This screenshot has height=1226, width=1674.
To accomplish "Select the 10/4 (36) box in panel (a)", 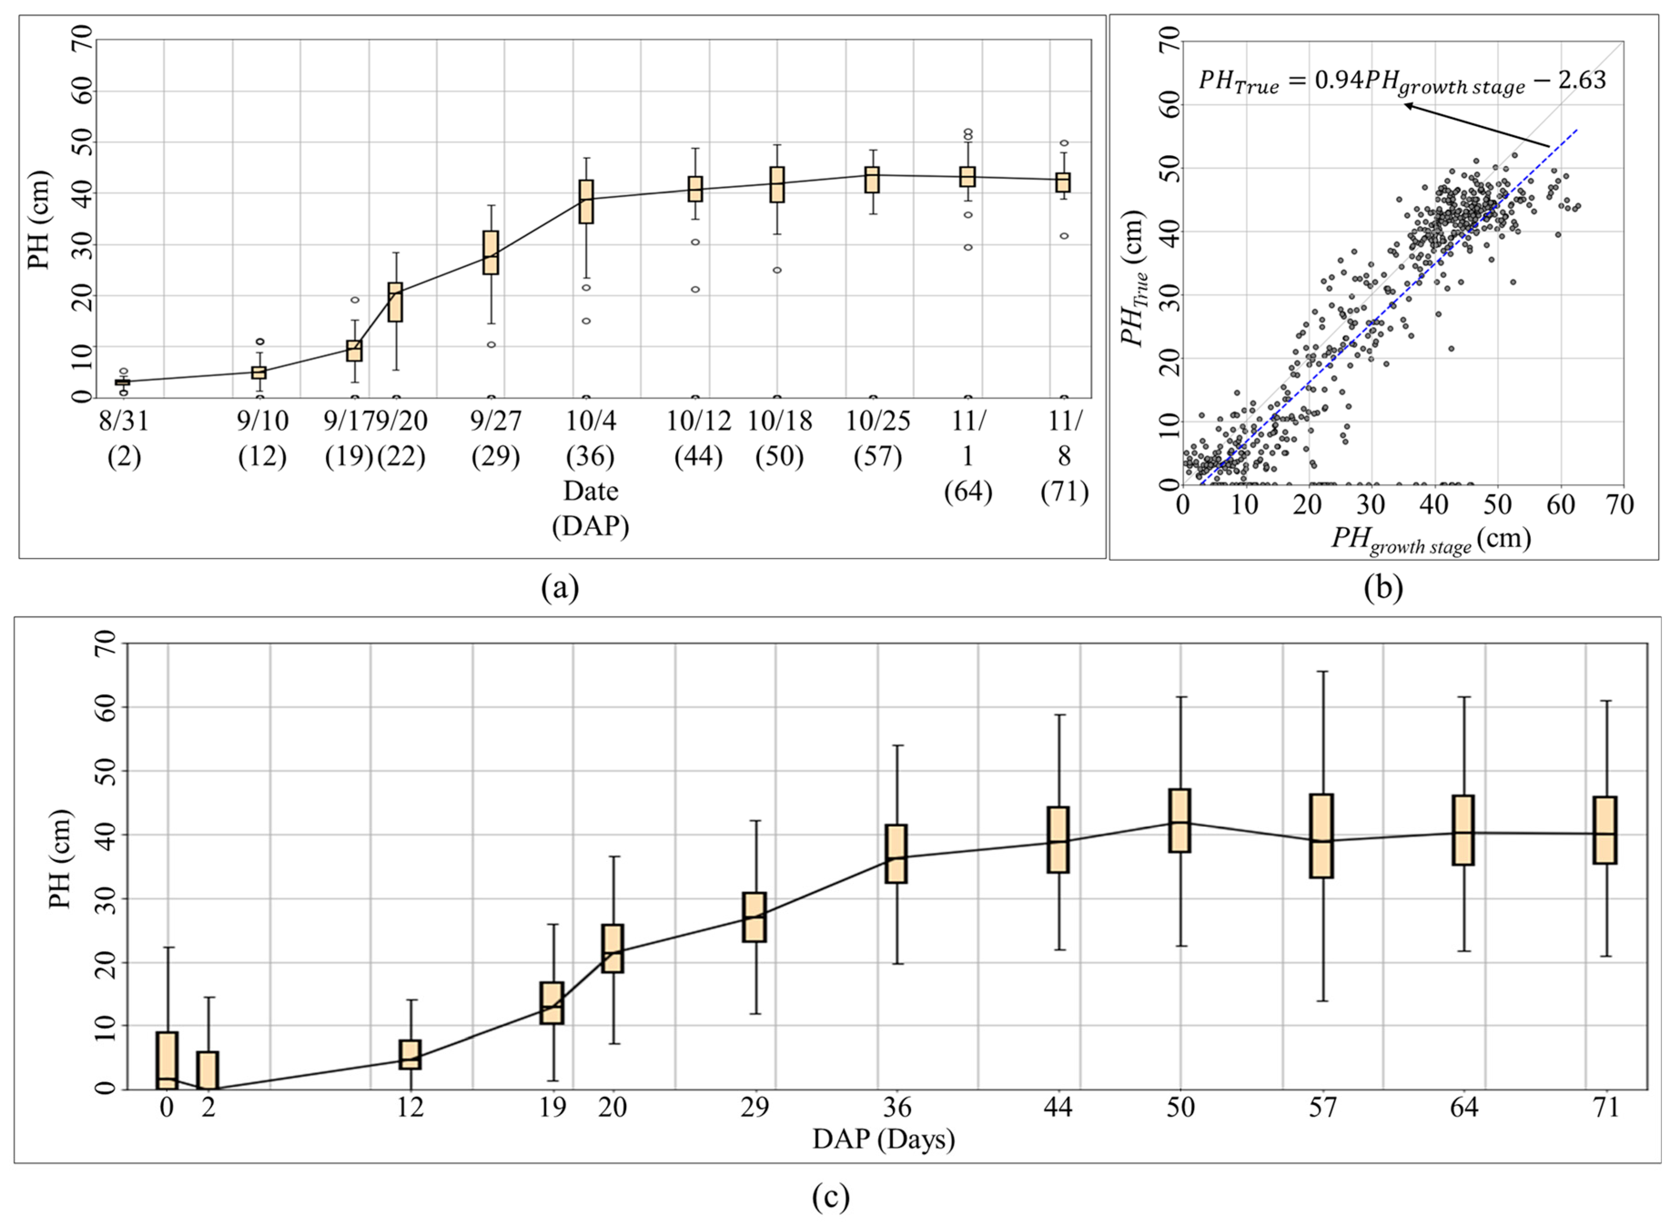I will (x=586, y=201).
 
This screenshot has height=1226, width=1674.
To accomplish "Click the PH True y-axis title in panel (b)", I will (x=1134, y=279).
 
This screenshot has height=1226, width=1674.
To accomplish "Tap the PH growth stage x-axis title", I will (x=1431, y=540).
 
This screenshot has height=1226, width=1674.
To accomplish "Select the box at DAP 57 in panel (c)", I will (x=1321, y=836).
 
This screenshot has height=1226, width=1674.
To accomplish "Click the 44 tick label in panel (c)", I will (x=1057, y=1108).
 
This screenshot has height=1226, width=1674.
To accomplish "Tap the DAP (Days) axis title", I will (x=883, y=1139).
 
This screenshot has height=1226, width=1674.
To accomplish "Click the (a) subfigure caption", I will (x=560, y=588).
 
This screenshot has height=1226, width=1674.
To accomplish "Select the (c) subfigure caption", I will (x=830, y=1196).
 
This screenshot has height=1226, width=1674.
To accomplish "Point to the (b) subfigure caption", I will (x=1383, y=588).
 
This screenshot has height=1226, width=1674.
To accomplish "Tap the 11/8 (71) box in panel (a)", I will (x=1063, y=182).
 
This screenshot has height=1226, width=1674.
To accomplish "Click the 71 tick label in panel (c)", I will (x=1607, y=1108).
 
